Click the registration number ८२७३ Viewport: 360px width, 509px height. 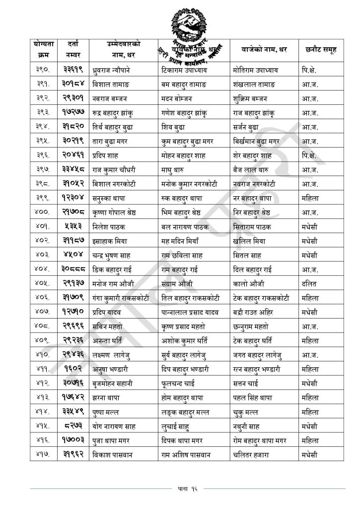click(76, 426)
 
